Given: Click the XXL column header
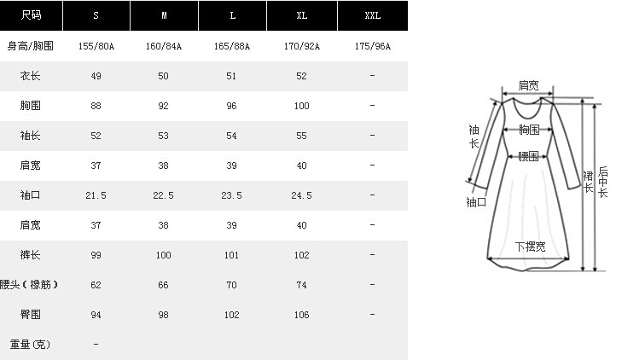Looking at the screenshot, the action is point(373,15).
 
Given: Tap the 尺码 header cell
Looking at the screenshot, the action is point(31,15).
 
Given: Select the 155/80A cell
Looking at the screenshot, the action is point(96,46).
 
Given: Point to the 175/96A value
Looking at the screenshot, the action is point(373,46).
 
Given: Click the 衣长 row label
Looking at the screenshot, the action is point(30,76).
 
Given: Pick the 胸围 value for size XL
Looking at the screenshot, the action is point(301,106).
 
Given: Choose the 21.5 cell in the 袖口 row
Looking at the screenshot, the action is point(96,195).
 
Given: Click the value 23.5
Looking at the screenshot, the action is point(232,195).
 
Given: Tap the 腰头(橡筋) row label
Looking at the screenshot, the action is point(29,285).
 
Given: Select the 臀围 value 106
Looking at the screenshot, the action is point(301,315).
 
